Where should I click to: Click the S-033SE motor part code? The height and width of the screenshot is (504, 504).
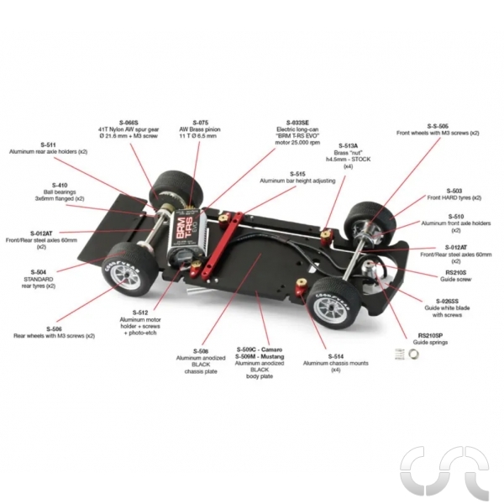pos(296,123)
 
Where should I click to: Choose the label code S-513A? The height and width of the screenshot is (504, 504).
pos(347,146)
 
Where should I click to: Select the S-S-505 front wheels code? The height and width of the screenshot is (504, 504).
pos(438,125)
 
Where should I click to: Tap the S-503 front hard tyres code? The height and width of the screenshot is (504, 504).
pos(454,191)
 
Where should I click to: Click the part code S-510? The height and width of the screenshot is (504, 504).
pos(454,216)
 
